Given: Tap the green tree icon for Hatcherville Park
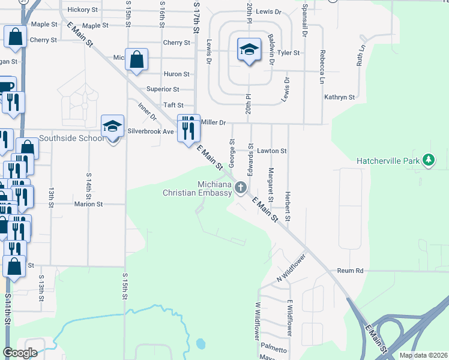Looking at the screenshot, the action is point(428,160).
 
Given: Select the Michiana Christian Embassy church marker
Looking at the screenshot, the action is point(240,188).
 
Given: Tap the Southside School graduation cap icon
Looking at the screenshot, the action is point(112,127).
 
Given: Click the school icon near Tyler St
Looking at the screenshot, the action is point(249,50).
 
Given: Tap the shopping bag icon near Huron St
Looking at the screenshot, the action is point(137,61).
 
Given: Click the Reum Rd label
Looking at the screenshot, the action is point(351,271).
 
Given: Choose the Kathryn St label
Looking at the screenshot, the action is point(340,97).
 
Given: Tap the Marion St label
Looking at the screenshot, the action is point(89,204).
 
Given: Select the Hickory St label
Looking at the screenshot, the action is point(83,10).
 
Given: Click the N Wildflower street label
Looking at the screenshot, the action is point(291,268).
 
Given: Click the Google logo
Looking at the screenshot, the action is point(20,353).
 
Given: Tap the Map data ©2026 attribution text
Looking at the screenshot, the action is point(423,355).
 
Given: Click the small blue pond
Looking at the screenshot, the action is point(200,344).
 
